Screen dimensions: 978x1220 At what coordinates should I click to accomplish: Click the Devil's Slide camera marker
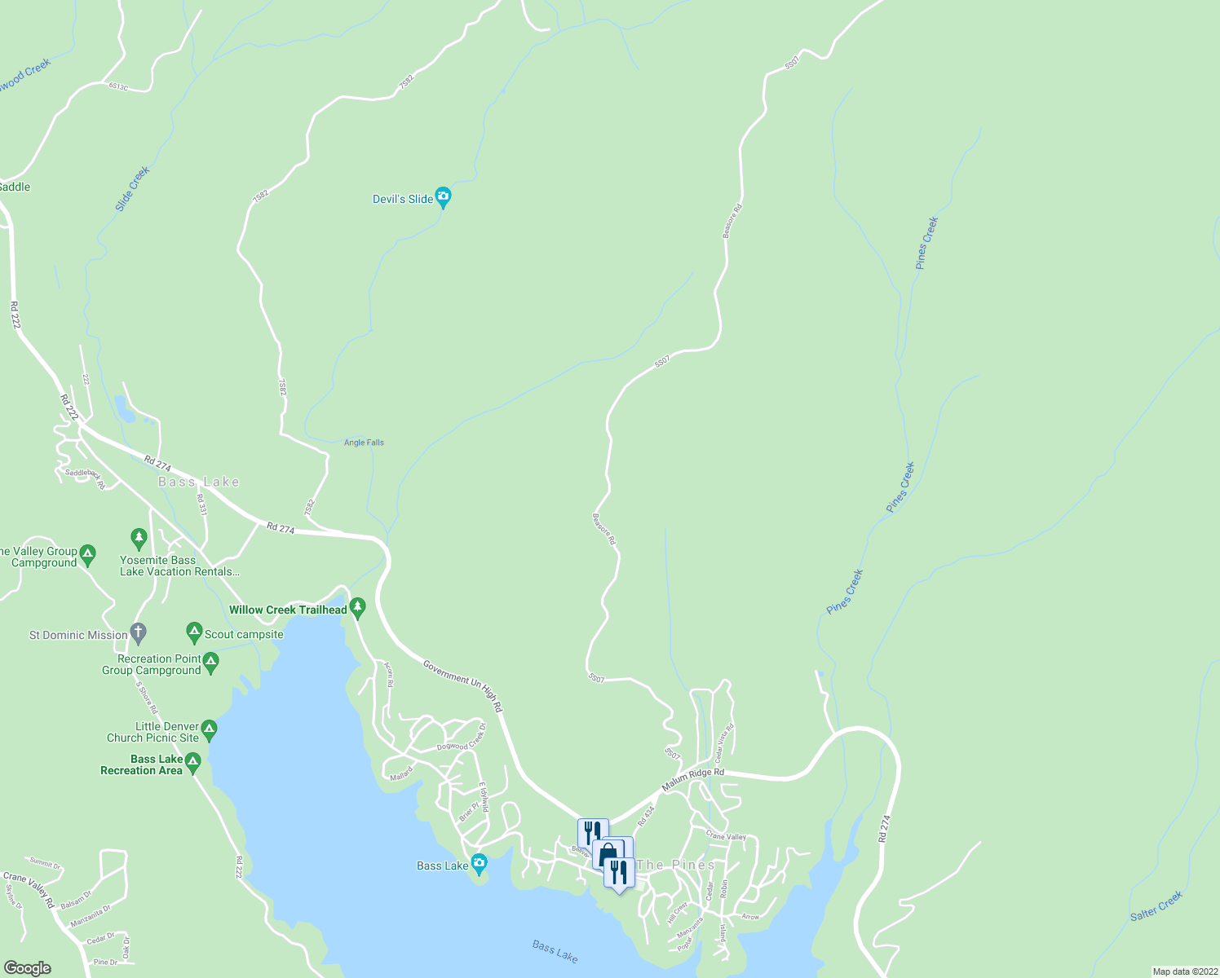click(x=443, y=196)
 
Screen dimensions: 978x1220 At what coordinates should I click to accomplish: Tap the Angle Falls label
click(x=364, y=443)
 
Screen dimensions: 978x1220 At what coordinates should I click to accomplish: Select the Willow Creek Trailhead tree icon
click(x=357, y=607)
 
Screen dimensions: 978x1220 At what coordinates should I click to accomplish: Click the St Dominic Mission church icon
click(x=139, y=632)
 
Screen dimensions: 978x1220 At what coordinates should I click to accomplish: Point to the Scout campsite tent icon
click(x=194, y=632)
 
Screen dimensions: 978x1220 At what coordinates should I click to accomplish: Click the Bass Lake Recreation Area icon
click(x=192, y=762)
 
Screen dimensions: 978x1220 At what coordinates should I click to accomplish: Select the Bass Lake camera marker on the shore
click(x=479, y=862)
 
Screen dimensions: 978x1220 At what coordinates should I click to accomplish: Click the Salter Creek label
click(x=1156, y=906)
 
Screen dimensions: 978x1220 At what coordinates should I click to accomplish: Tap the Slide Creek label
click(x=132, y=189)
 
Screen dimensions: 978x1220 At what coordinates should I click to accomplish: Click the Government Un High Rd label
click(x=462, y=686)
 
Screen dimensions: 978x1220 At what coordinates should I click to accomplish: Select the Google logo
click(x=27, y=968)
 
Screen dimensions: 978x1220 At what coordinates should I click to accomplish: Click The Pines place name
click(x=675, y=865)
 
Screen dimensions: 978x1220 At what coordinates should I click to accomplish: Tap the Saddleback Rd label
click(x=85, y=478)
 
